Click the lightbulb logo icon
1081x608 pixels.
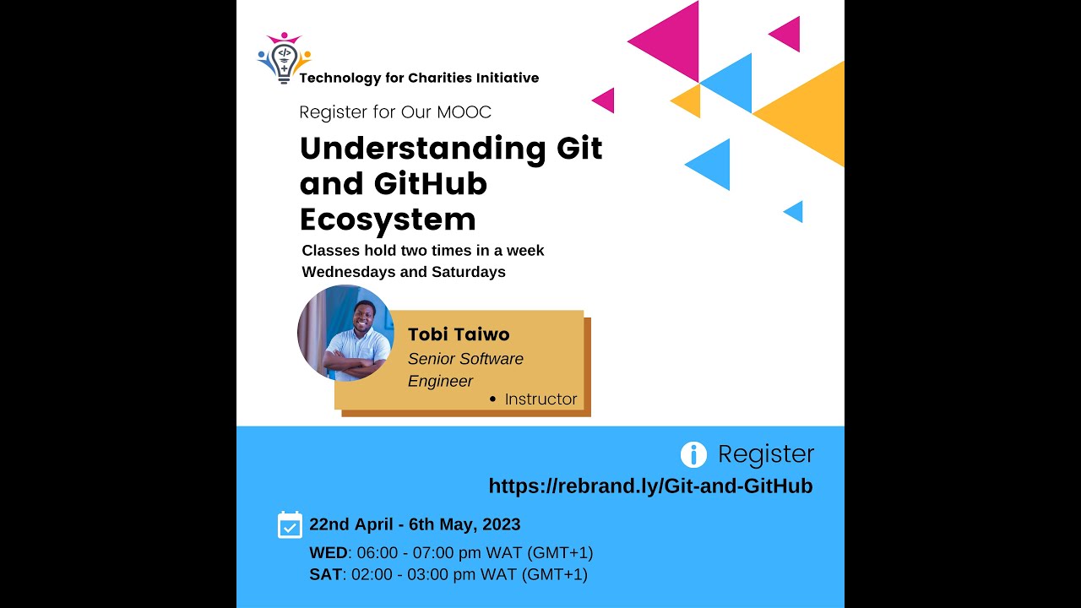click(x=284, y=58)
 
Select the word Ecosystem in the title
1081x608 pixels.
click(x=388, y=220)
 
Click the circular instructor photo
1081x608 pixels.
click(x=345, y=333)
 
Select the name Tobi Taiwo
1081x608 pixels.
click(x=459, y=334)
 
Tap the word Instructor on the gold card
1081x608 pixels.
click(x=540, y=399)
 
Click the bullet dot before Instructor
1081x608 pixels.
click(x=493, y=399)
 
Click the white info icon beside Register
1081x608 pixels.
click(x=693, y=455)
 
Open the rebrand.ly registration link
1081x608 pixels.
click(x=650, y=486)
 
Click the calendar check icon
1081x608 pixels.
click(x=290, y=524)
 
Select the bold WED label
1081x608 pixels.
click(x=329, y=553)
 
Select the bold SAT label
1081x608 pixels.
click(x=326, y=575)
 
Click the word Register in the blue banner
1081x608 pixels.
click(x=766, y=454)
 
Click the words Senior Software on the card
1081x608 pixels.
click(x=465, y=359)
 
